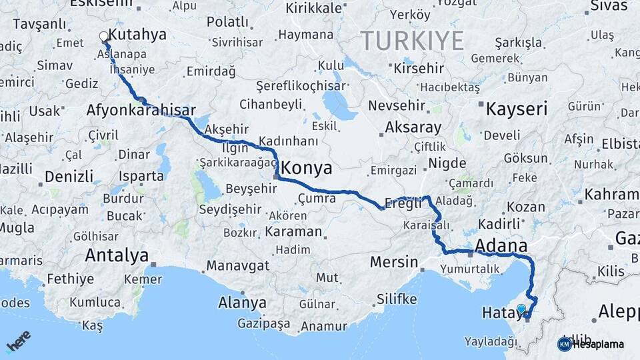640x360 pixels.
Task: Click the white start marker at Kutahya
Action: coord(103,37)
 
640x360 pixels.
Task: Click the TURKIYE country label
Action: coord(413,41)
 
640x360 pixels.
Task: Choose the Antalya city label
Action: coord(117,255)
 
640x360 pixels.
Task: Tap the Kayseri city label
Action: coord(517,109)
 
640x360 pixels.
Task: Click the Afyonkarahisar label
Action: coord(141,110)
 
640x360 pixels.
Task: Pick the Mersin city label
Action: coord(393,262)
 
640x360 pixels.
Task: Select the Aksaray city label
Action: coord(413,127)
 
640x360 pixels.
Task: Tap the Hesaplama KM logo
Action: coord(591,344)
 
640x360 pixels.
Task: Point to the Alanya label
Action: coord(242,303)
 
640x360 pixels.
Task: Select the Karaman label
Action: coord(293,232)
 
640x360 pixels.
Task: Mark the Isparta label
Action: coord(141,177)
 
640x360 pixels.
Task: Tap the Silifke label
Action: coord(397,298)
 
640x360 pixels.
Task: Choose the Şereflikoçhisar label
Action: coord(301,86)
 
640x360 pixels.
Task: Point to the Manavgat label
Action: coord(238,265)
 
